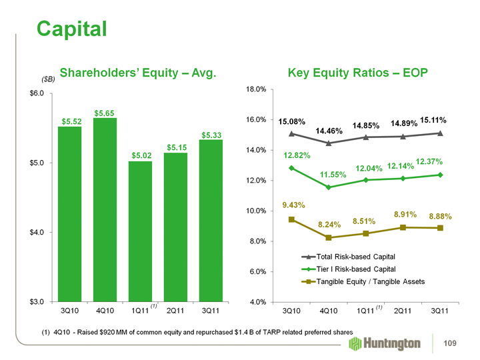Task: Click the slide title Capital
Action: tap(71, 27)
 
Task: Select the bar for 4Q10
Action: tap(105, 209)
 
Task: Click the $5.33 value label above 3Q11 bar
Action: tap(211, 135)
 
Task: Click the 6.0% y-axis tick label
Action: tap(259, 271)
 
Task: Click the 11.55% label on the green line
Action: tap(329, 175)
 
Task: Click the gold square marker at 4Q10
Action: tap(329, 238)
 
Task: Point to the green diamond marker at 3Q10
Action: tap(292, 168)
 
